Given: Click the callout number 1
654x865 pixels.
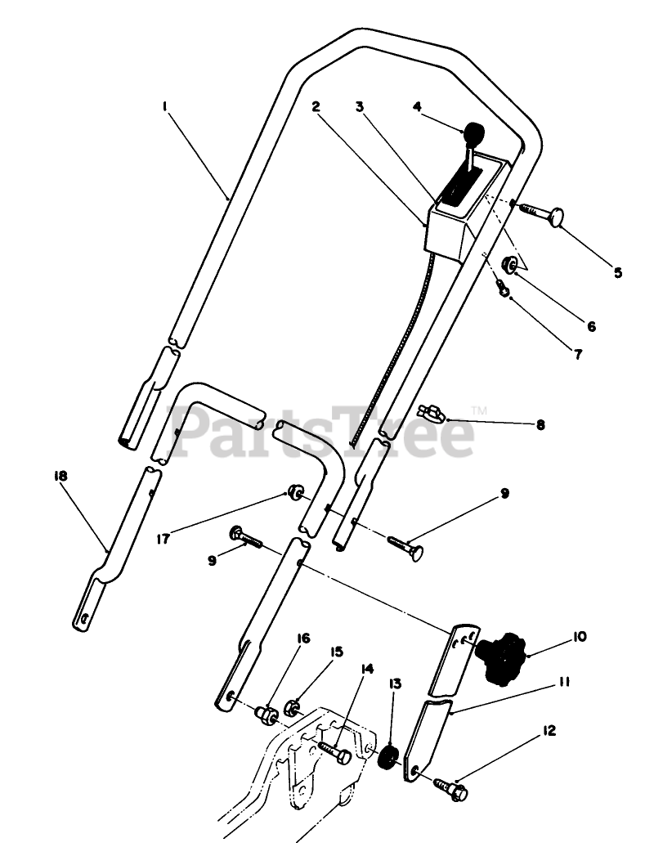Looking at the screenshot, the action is click(x=165, y=105).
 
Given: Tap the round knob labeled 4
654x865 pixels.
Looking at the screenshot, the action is click(x=474, y=132).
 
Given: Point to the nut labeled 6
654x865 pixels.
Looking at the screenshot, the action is click(x=508, y=265).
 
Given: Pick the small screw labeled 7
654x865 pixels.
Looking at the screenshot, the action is click(x=503, y=287).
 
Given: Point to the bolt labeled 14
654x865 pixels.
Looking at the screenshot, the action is click(x=334, y=751).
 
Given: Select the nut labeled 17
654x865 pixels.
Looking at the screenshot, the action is click(x=294, y=493).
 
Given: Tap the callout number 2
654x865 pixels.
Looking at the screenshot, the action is click(x=316, y=105).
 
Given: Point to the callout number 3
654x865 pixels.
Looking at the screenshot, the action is click(x=359, y=105).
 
